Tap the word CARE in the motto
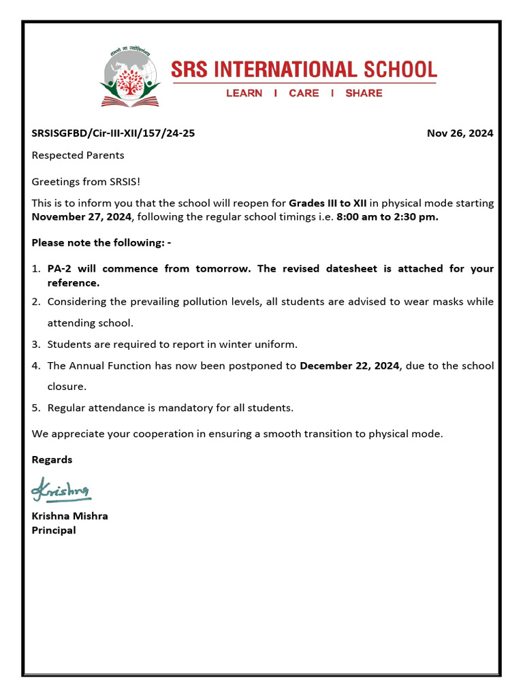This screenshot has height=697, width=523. [303, 93]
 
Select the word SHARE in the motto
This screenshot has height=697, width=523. [364, 93]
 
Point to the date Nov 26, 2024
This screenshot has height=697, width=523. [460, 133]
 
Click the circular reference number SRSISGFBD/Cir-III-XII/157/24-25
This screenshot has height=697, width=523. [113, 133]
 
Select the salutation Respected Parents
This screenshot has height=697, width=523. [78, 155]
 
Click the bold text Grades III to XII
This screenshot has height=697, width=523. [328, 204]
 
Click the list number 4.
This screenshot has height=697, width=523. [35, 366]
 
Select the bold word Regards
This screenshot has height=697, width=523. [52, 460]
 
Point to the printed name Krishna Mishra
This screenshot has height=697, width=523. [69, 516]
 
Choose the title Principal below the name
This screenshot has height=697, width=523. [54, 530]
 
